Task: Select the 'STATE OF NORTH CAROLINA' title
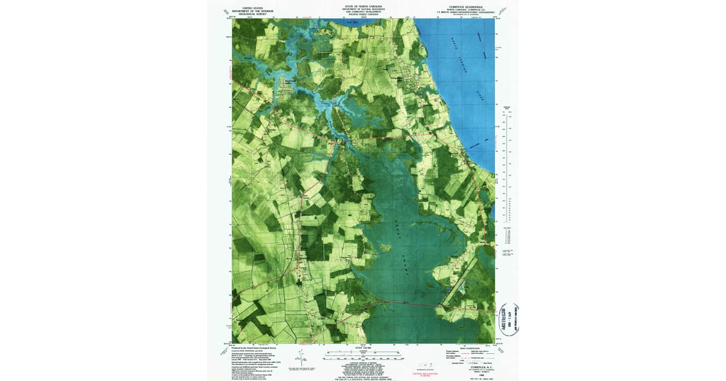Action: pos(363,5)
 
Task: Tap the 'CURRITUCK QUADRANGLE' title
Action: pos(471,5)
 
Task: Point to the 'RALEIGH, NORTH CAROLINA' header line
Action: pos(363,15)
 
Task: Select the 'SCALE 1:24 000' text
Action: pos(363,347)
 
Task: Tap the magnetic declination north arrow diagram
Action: pos(301,356)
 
